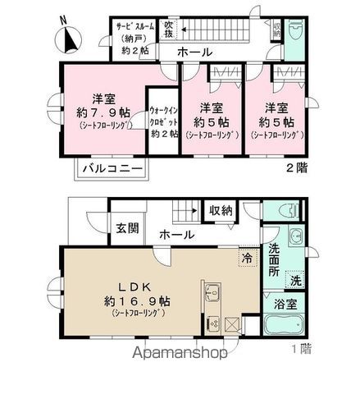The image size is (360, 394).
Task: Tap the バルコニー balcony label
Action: (x=112, y=171)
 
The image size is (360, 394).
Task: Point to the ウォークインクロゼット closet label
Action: (x=163, y=121)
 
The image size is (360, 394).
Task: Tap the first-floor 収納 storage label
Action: (x=220, y=211)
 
